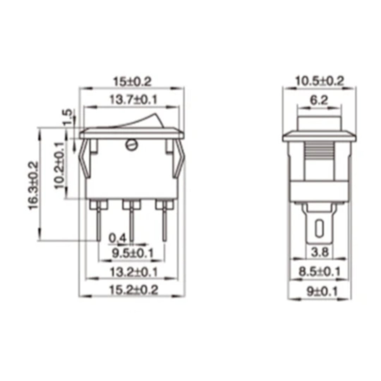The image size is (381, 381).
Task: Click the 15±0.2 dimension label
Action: (132, 82)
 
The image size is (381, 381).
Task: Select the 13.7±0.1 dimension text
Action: (132, 100)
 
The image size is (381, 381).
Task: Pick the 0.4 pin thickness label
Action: (117, 239)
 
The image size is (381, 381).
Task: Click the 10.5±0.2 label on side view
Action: (319, 81)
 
